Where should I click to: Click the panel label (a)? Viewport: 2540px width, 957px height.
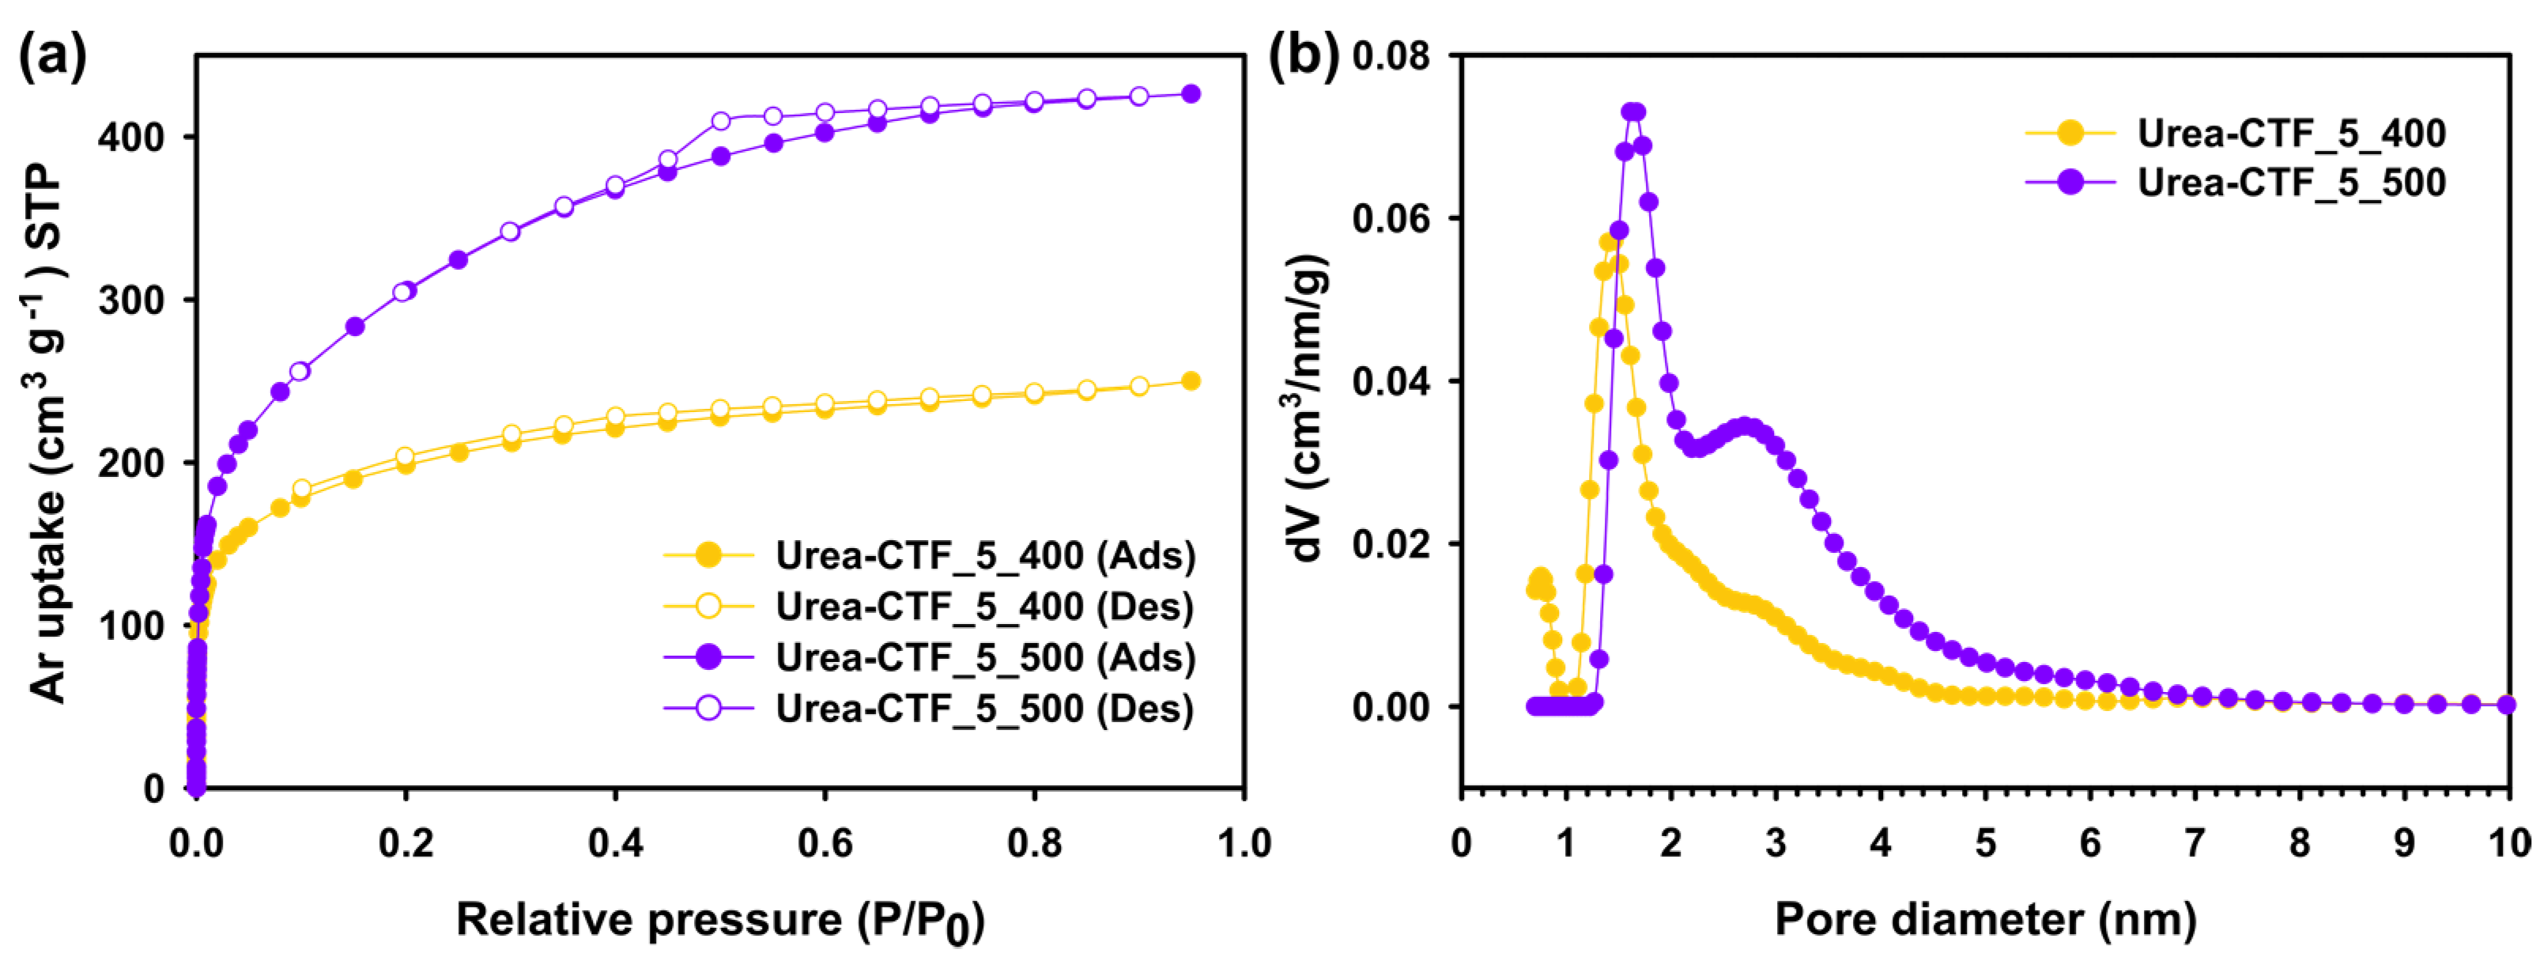point(51,57)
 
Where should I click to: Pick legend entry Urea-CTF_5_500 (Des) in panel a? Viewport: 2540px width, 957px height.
point(984,709)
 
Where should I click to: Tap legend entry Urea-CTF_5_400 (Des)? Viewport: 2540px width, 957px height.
point(984,606)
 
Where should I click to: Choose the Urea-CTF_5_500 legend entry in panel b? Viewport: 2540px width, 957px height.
point(2290,183)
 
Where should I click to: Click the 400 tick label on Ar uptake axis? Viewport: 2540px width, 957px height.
point(130,137)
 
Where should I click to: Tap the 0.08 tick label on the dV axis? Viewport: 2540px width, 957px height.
point(1391,56)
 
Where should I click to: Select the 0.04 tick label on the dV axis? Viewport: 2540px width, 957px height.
point(1391,382)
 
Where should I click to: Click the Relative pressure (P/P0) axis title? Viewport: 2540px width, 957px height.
point(720,921)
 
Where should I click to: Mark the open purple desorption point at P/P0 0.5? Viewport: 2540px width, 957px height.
point(721,121)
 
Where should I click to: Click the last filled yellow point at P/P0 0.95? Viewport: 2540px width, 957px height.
point(1190,381)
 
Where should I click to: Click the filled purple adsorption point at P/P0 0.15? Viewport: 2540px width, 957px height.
point(355,327)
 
